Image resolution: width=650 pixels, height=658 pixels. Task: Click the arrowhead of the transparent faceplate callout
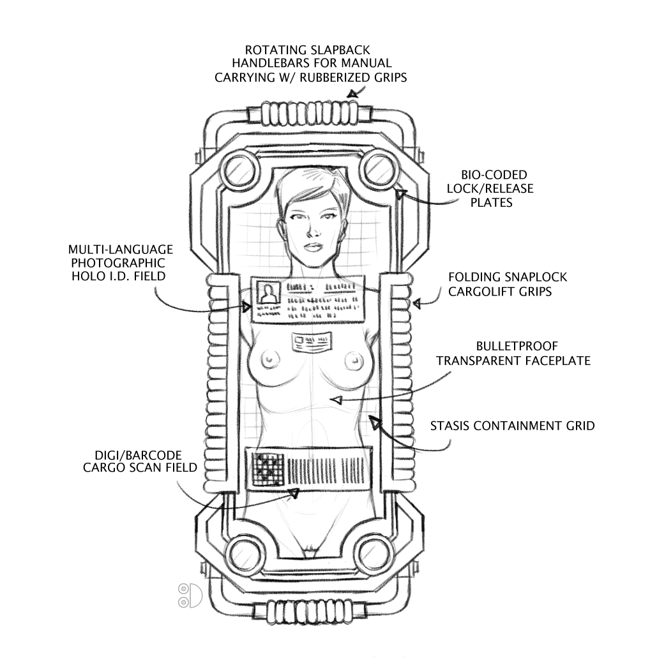[x=336, y=400]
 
